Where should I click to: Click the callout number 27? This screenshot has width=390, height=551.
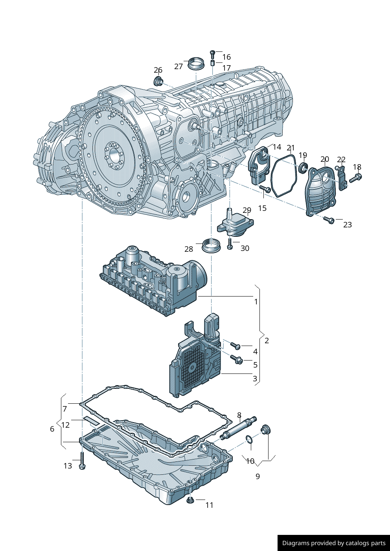tap(178, 66)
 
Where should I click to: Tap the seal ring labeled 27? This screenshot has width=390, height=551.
tap(196, 64)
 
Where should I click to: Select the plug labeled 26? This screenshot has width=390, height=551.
tap(158, 82)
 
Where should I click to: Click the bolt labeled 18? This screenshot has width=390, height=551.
tap(355, 178)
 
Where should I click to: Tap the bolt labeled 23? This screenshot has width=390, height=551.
tap(329, 220)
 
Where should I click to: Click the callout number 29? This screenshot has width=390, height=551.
tap(247, 210)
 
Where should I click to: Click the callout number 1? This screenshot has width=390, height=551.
tap(256, 302)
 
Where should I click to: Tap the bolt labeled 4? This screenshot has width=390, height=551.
tap(235, 346)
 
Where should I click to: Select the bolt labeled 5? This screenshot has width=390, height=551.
tap(237, 359)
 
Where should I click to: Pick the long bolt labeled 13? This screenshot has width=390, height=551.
tap(82, 461)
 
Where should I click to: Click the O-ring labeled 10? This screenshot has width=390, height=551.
tap(249, 439)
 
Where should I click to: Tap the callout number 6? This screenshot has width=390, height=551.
tap(52, 429)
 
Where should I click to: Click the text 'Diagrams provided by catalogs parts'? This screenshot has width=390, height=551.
tap(334, 543)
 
